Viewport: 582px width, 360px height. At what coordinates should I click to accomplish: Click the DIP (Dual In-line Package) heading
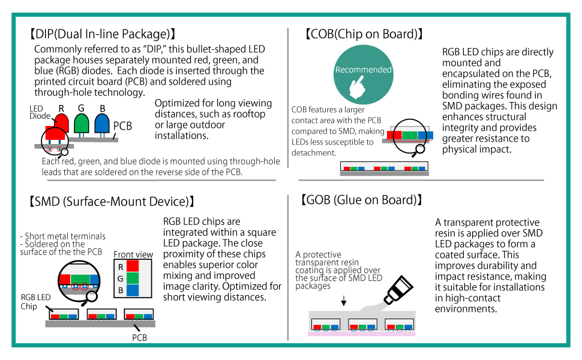(x=102, y=34)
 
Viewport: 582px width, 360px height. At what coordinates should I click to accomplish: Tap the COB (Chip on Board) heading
(x=364, y=34)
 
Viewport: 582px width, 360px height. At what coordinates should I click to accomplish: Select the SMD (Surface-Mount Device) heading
(x=112, y=202)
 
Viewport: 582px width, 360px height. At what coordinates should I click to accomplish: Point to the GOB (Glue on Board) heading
(x=361, y=200)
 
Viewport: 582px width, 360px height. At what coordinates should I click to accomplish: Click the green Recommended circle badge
(x=364, y=74)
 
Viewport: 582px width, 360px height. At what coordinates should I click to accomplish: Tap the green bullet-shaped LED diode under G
(x=81, y=124)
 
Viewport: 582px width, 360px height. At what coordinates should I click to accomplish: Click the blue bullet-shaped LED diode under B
(x=102, y=124)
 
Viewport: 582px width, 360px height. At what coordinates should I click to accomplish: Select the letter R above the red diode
(x=61, y=109)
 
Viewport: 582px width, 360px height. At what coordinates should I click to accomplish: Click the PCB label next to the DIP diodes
(x=122, y=126)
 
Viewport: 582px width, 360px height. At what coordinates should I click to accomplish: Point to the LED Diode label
(x=40, y=112)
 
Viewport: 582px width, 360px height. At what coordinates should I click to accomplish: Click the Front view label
(x=133, y=254)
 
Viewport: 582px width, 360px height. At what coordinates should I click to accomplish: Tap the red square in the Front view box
(x=133, y=266)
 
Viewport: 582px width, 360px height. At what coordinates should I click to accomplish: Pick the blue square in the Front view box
(x=133, y=290)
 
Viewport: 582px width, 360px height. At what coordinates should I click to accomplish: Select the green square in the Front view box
(x=133, y=278)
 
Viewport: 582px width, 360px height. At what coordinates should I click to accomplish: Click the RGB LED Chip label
(x=35, y=302)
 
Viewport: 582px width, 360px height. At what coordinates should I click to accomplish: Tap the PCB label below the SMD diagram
(x=140, y=338)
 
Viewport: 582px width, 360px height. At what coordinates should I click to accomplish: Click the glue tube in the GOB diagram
(x=398, y=289)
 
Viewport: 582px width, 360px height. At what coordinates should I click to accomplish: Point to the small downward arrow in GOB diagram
(x=344, y=301)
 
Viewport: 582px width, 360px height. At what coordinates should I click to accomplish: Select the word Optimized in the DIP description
(x=176, y=103)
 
